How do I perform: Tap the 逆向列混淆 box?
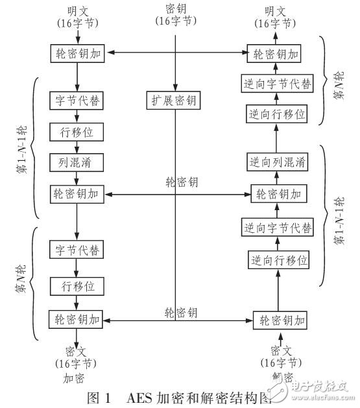tap(276, 162)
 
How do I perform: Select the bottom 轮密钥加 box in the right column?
tap(280, 320)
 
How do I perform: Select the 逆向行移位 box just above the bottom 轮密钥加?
tap(277, 261)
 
